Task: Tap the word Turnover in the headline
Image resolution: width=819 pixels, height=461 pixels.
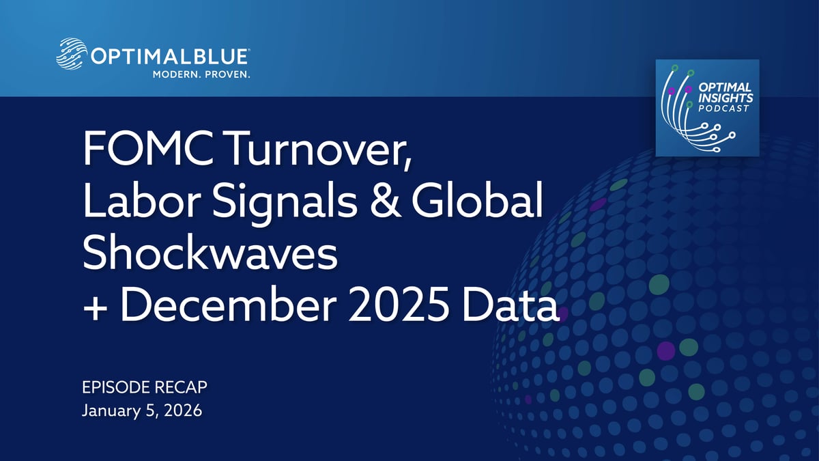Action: coord(318,150)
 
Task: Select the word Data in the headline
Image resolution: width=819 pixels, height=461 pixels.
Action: coord(511,303)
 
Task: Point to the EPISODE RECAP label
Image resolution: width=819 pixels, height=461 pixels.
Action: coord(145,387)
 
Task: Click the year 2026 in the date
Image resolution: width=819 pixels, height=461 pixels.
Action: coord(183,410)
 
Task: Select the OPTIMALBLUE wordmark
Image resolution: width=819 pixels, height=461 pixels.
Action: coord(170,57)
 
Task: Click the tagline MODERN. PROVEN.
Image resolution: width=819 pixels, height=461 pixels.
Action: coord(201,74)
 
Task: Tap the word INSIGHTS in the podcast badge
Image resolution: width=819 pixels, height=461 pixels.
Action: coord(725,98)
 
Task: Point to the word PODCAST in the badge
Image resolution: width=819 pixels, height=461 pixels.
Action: coord(723,109)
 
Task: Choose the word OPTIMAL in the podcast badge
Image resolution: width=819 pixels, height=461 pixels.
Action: coord(725,87)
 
